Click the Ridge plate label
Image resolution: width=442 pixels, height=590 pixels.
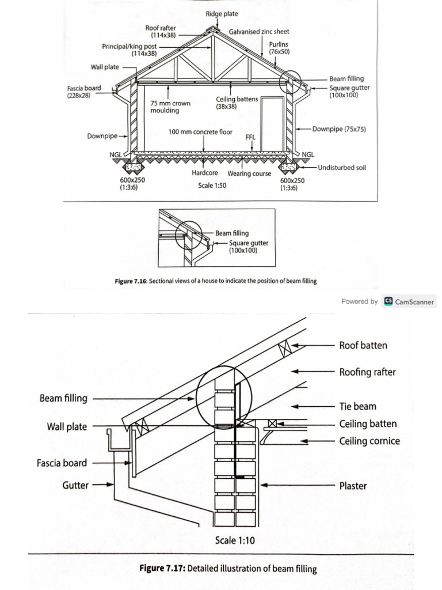tap(221, 13)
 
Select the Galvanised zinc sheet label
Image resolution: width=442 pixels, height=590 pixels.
tap(259, 32)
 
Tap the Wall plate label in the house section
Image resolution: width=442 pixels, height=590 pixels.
tap(105, 67)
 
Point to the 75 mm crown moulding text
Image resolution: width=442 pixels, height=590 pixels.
tap(170, 107)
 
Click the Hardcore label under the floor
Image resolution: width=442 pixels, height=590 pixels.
tap(207, 173)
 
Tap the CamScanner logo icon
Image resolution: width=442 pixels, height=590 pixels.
tap(388, 301)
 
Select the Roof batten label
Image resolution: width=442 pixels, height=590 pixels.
tap(363, 346)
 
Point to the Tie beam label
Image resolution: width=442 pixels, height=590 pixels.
tap(358, 406)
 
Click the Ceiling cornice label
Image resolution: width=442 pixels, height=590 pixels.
tap(369, 441)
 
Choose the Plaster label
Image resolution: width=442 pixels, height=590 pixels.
tap(353, 486)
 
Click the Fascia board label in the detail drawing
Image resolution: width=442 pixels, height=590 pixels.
tap(64, 463)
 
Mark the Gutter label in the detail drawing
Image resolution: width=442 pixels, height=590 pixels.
tap(75, 485)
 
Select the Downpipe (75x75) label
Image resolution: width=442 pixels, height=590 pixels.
tap(339, 129)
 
